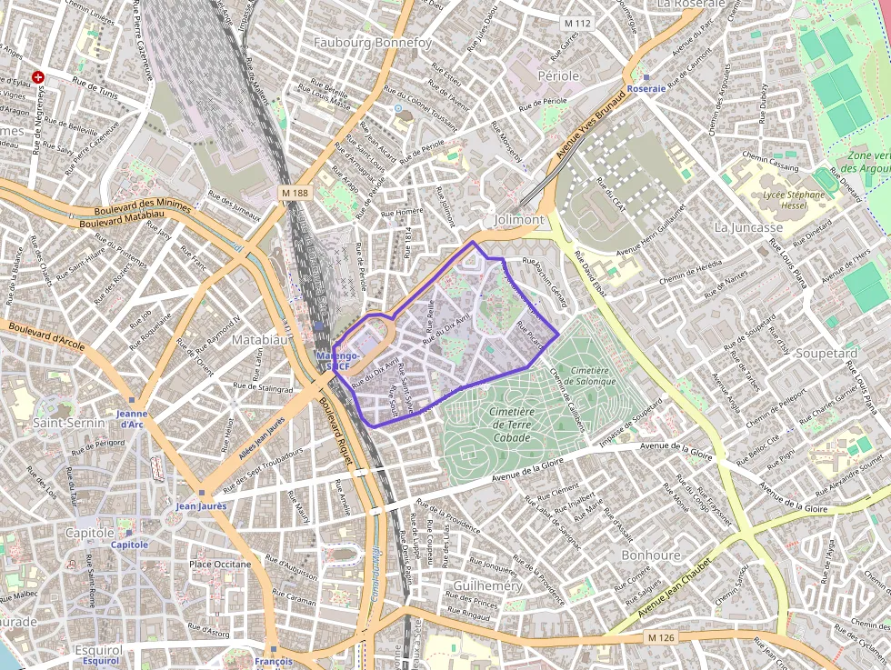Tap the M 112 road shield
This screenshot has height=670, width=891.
pyautogui.click(x=576, y=23)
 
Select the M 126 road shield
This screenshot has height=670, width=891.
pyautogui.click(x=663, y=638)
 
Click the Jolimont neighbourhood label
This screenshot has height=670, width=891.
pyautogui.click(x=519, y=220)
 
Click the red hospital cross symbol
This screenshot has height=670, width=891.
pyautogui.click(x=38, y=77)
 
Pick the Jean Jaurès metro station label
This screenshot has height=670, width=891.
pyautogui.click(x=201, y=505)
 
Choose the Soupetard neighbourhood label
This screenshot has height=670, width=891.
pyautogui.click(x=826, y=353)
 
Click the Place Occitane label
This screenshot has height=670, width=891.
pyautogui.click(x=220, y=565)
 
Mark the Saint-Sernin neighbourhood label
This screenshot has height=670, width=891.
pyautogui.click(x=65, y=423)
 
